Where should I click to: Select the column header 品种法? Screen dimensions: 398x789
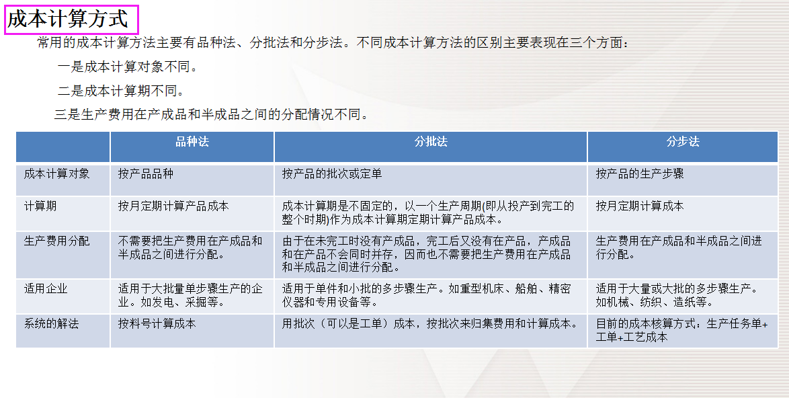[x=192, y=142]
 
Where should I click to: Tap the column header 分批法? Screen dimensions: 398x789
[x=431, y=142]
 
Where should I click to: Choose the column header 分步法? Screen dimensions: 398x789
[x=683, y=142]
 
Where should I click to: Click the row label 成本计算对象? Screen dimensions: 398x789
[x=56, y=174]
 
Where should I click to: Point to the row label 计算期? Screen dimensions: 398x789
[x=40, y=206]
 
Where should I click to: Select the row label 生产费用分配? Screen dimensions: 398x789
[x=56, y=241]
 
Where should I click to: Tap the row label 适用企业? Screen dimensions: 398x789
[x=46, y=289]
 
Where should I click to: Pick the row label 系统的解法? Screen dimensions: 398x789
[x=51, y=324]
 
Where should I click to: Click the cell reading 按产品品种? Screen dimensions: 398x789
[x=145, y=174]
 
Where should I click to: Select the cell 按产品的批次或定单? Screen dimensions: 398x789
[x=332, y=174]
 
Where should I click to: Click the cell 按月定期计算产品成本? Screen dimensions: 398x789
[x=173, y=206]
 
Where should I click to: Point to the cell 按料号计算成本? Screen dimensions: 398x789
[x=157, y=324]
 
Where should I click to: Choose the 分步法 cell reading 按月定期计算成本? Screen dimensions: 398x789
[x=639, y=206]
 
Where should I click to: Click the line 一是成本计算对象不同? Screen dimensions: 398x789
[x=128, y=67]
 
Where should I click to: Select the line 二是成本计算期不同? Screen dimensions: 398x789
[x=121, y=91]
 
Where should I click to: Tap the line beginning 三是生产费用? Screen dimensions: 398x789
[x=212, y=114]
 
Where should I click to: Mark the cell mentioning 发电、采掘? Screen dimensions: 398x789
[x=190, y=296]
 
